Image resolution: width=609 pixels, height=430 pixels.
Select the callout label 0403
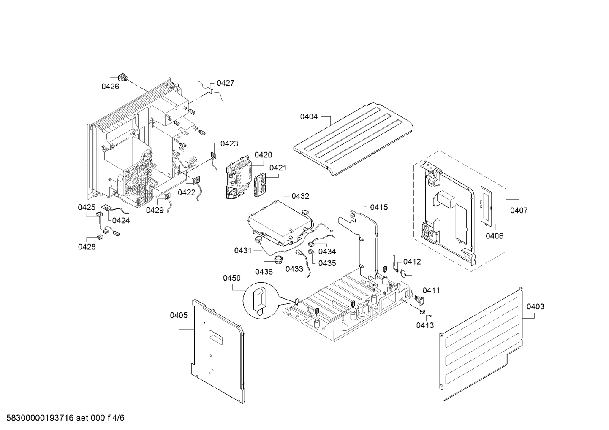tap(535, 307)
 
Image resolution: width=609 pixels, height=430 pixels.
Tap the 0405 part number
tap(179, 315)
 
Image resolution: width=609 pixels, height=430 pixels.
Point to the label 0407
tap(519, 211)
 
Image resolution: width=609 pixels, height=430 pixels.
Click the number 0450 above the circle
tap(232, 278)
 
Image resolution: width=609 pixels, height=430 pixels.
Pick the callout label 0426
tap(110, 87)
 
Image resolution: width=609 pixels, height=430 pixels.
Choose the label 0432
tap(300, 196)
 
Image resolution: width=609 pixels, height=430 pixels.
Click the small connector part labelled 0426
tap(123, 78)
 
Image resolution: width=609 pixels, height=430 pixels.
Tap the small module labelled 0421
tap(261, 186)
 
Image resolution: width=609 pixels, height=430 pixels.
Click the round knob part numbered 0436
tap(278, 259)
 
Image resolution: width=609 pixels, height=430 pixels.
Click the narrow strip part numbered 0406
tap(487, 205)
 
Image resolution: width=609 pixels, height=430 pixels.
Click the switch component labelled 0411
tap(420, 300)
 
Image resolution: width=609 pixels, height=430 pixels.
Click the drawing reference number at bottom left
tap(63, 419)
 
